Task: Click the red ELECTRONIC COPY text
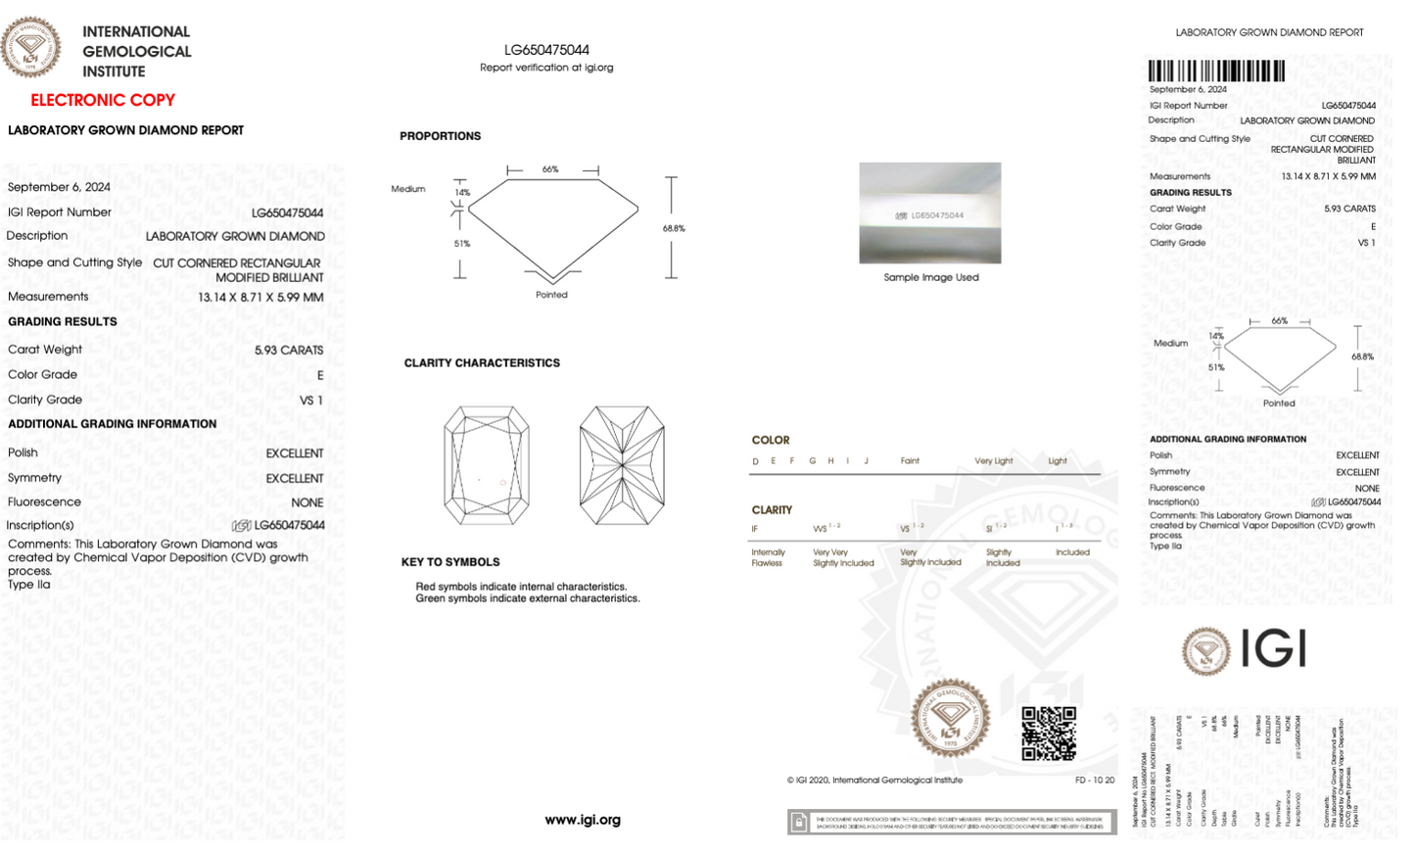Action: point(103,100)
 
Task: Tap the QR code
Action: point(1049,734)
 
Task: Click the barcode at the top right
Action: point(1216,71)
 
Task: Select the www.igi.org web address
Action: point(583,820)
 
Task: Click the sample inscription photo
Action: point(930,213)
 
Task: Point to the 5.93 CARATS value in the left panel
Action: point(289,350)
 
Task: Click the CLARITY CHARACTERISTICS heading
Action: point(482,363)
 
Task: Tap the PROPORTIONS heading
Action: point(440,136)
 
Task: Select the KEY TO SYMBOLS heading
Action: point(450,562)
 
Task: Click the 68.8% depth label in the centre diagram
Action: point(674,228)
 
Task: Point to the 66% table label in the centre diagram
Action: point(550,169)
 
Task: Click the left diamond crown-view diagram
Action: point(487,465)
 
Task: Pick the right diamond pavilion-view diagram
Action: point(622,465)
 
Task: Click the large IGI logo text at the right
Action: point(1274,649)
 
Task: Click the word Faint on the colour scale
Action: point(910,461)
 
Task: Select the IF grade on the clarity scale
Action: point(755,530)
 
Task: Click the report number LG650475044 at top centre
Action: point(546,50)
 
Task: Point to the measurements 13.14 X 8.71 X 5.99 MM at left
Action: point(260,298)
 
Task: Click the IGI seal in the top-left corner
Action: point(30,46)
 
